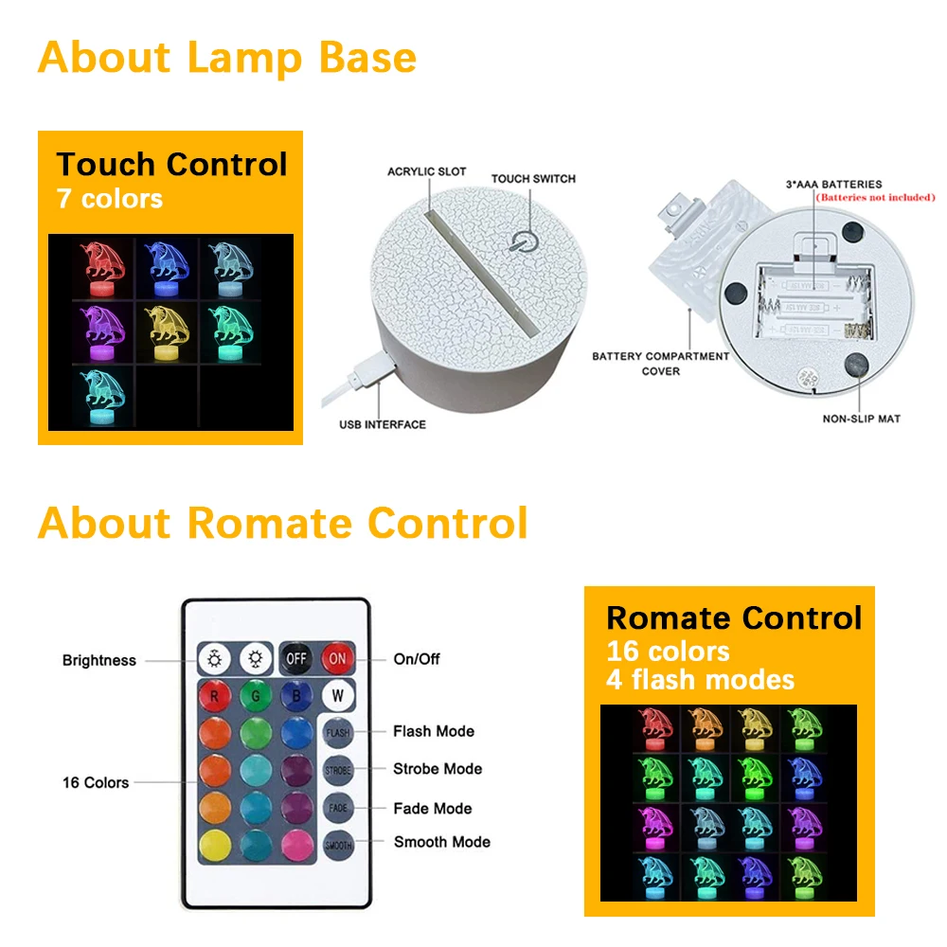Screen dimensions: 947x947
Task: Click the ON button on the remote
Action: (337, 657)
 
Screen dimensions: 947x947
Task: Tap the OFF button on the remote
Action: (297, 657)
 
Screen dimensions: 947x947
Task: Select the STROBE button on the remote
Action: (338, 770)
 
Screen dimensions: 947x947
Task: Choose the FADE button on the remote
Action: (338, 808)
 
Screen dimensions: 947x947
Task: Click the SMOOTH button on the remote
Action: (338, 845)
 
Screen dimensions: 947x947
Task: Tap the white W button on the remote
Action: (337, 695)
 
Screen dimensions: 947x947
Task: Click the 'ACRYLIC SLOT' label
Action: (426, 171)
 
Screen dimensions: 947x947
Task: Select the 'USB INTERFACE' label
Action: (383, 424)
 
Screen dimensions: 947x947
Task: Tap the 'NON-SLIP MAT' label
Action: (862, 418)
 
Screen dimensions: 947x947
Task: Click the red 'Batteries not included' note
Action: (875, 198)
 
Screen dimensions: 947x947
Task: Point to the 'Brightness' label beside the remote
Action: (99, 660)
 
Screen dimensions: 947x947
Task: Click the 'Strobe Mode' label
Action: (438, 769)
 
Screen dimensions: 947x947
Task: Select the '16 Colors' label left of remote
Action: (96, 782)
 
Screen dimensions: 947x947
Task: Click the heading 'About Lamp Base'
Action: (227, 57)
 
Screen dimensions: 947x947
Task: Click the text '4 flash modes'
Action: (700, 679)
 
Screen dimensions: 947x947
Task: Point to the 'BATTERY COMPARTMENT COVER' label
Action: (660, 364)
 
